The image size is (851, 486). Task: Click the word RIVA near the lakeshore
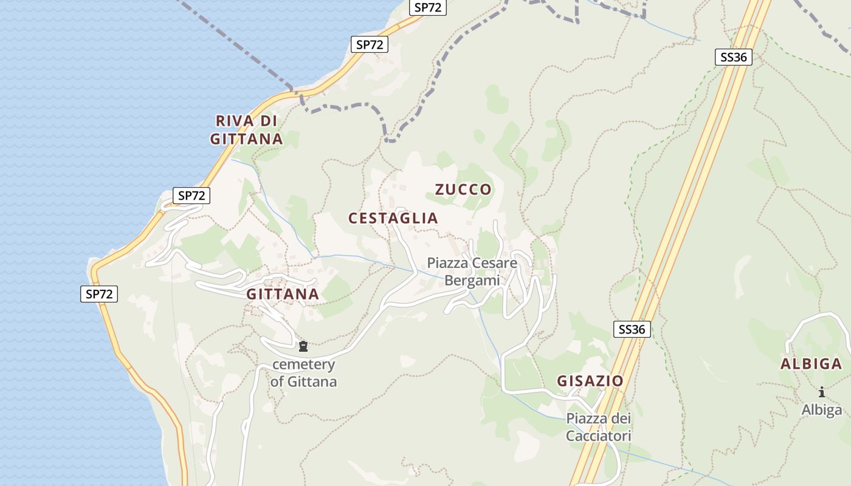(235, 120)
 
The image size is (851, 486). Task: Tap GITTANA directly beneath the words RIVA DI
(246, 139)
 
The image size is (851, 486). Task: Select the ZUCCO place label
(463, 190)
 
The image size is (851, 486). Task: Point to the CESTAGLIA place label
(393, 218)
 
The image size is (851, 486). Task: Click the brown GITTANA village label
(282, 295)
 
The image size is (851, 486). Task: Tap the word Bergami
(472, 280)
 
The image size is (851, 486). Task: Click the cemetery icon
(303, 347)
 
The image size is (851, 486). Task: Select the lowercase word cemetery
(303, 364)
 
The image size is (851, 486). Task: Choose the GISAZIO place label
(590, 381)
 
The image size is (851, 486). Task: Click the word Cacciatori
(598, 436)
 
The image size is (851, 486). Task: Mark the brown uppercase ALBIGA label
(811, 364)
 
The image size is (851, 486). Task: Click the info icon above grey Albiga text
(822, 392)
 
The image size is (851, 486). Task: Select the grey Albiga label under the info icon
(822, 409)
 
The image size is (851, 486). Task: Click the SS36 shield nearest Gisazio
(632, 329)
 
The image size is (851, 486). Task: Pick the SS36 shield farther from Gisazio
(734, 57)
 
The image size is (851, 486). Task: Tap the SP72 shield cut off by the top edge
(428, 7)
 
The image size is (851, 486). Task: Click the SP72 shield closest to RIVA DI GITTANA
(370, 44)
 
